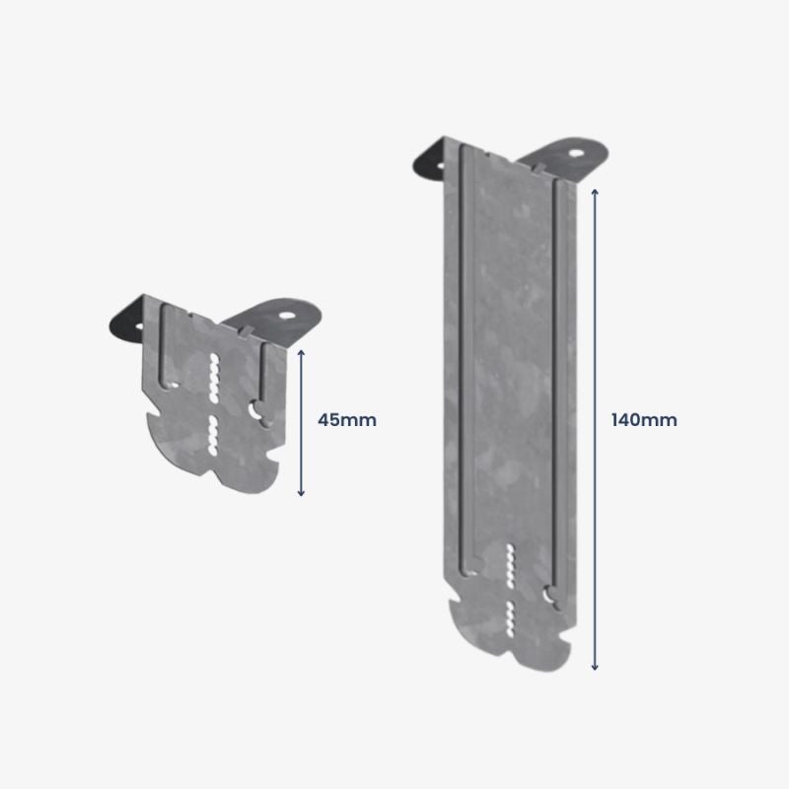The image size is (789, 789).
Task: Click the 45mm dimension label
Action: tap(347, 420)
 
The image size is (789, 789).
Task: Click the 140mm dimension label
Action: tap(644, 420)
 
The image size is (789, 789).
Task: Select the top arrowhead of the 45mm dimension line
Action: tap(302, 348)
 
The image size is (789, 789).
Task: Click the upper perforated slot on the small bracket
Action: tap(212, 376)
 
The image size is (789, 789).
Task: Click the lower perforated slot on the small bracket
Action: tap(212, 434)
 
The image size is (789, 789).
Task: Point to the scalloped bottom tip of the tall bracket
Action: tap(509, 659)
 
